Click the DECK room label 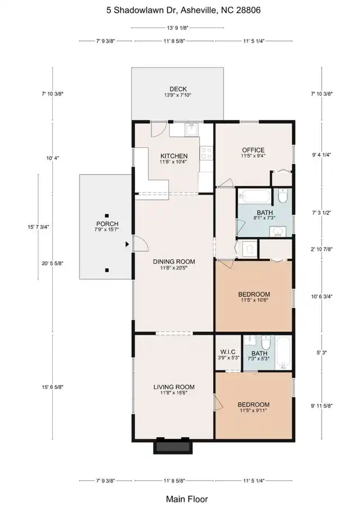(178, 89)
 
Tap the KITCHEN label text (174, 156)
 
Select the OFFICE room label (253, 150)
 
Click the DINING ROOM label (174, 262)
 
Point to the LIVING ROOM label (174, 387)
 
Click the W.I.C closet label (228, 352)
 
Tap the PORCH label (107, 224)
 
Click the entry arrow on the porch (127, 244)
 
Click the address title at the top (183, 10)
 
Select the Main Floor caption (187, 499)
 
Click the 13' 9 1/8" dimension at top (178, 28)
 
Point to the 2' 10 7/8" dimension (322, 249)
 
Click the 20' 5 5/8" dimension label (52, 264)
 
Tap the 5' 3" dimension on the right (322, 353)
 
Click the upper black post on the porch (107, 215)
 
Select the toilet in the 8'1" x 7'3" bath (282, 196)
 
